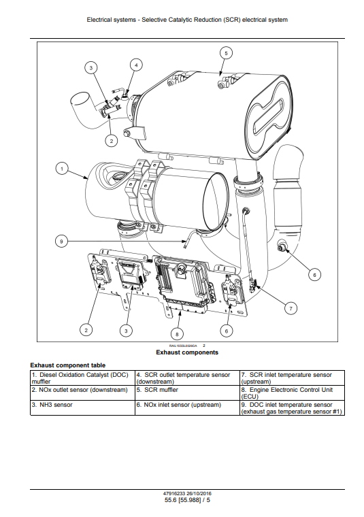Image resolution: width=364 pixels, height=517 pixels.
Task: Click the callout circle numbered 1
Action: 62,169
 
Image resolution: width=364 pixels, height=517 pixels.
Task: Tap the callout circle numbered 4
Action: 136,65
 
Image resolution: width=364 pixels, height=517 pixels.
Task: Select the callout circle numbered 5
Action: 226,53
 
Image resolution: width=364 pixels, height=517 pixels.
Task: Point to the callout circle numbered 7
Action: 291,308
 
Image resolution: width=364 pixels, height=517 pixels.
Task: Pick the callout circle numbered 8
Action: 177,334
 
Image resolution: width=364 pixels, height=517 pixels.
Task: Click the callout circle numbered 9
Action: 61,241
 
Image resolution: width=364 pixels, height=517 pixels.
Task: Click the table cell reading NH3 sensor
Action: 82,407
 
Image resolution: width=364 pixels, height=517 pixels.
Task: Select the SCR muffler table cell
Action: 187,393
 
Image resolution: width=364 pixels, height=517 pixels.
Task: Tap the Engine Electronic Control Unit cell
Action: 292,393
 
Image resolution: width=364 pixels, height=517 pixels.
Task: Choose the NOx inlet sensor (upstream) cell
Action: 187,407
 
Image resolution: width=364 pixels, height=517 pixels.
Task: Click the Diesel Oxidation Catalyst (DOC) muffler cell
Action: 82,378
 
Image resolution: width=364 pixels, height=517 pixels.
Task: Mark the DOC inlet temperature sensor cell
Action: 292,407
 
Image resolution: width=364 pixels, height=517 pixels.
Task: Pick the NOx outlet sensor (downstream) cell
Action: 82,393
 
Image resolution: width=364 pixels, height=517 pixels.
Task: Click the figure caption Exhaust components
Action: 187,352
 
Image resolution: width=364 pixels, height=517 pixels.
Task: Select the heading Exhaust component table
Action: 68,365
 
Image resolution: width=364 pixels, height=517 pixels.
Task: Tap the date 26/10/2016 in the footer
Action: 199,494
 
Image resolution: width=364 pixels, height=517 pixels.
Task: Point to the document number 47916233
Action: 174,494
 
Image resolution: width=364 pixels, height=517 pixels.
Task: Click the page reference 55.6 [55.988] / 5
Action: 187,500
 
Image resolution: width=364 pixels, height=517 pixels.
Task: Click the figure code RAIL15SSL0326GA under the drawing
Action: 183,346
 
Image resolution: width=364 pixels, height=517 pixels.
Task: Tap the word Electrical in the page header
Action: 99,20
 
